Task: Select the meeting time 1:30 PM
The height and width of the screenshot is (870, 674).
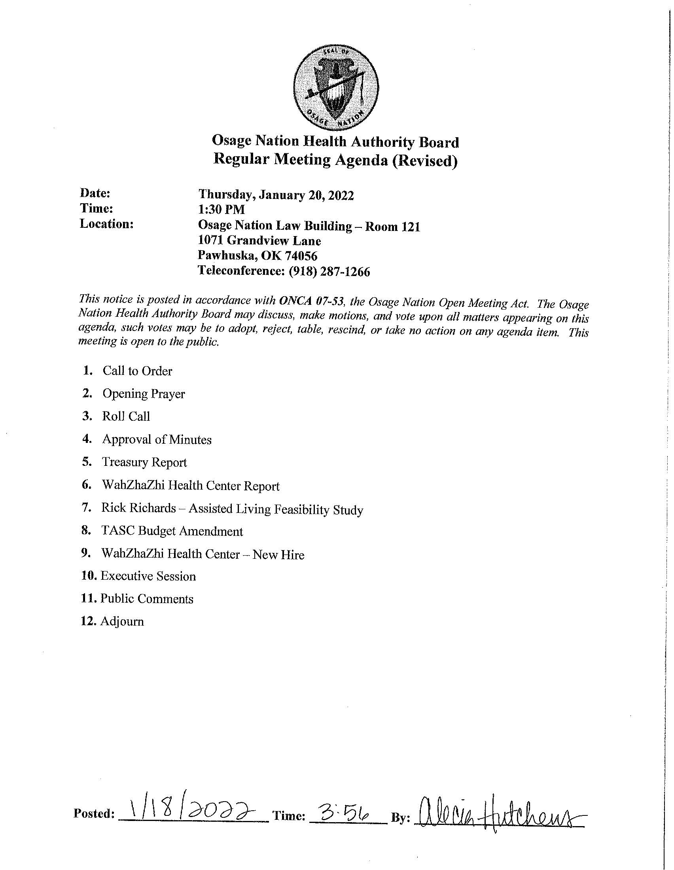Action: [222, 210]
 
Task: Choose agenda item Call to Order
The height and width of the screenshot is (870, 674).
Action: [137, 371]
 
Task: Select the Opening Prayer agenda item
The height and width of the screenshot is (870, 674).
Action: [144, 394]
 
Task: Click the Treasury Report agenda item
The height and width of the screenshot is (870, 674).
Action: [144, 463]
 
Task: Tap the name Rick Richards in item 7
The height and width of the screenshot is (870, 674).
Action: [138, 508]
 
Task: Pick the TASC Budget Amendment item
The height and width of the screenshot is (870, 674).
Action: [172, 531]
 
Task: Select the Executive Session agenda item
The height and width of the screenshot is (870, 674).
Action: [148, 577]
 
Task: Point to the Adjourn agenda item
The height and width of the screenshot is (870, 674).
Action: [122, 622]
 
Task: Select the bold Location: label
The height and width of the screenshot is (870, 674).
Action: [106, 224]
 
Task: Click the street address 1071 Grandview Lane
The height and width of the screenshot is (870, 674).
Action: [259, 241]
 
